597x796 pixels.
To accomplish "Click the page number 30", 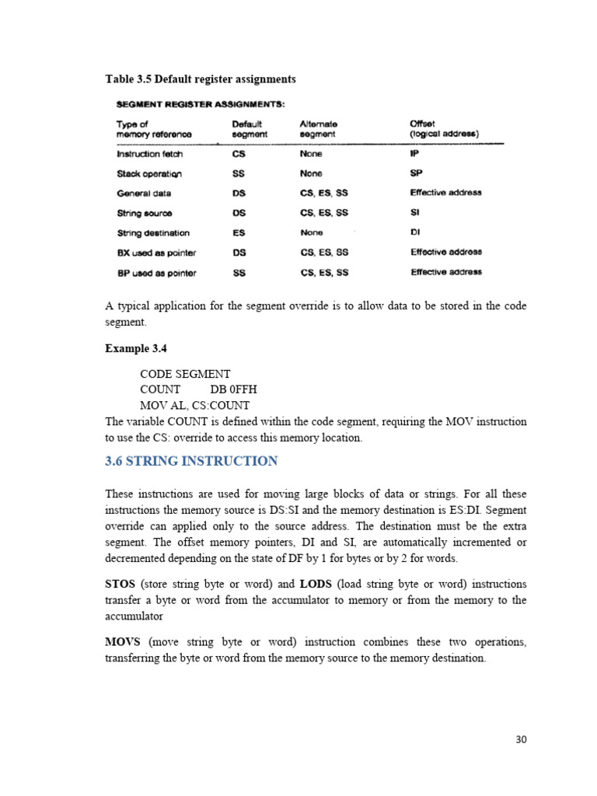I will point(521,739).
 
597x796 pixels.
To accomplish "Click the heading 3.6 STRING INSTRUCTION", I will point(190,461).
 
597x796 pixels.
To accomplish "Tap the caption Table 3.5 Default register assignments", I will point(200,79).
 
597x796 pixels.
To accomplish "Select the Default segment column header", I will point(249,129).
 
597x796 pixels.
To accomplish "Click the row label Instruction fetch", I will point(149,154).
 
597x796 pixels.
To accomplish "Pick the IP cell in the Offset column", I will point(415,154).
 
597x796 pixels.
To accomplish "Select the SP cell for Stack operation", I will point(417,173).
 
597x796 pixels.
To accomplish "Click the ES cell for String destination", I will point(239,232).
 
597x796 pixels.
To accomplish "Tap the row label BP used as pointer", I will point(156,273).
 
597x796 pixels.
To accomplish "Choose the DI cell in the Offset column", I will point(415,232).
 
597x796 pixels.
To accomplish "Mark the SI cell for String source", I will point(414,212).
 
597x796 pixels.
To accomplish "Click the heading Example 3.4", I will point(136,349).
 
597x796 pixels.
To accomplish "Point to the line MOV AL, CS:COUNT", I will point(194,406).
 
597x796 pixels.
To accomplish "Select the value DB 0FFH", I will point(233,389).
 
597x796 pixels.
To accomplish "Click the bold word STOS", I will point(120,584).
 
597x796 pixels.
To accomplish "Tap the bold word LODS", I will point(316,584).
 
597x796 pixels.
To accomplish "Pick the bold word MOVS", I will point(123,642).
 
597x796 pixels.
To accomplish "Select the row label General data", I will point(144,193).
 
